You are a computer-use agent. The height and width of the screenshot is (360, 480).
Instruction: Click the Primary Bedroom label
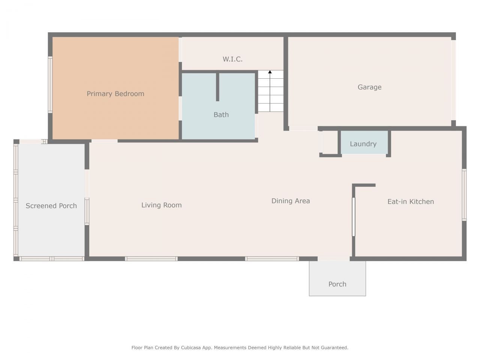(115, 94)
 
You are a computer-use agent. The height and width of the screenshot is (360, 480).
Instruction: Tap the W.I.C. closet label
(232, 59)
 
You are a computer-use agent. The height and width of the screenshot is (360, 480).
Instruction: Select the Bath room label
(221, 115)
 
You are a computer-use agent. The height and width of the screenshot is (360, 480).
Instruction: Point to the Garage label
(369, 87)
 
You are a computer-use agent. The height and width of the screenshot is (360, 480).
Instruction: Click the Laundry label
(363, 144)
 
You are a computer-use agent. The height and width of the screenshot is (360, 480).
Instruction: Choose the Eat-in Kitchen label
(411, 202)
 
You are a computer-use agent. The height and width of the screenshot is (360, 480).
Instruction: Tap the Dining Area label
(291, 201)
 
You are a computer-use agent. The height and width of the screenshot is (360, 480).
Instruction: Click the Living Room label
(161, 205)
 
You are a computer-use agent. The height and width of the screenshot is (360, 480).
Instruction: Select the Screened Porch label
(51, 206)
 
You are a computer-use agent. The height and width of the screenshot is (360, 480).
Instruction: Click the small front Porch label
(337, 284)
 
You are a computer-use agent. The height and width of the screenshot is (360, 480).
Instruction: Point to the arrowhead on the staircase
(270, 72)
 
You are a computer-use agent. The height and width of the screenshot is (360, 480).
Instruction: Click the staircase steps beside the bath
(270, 94)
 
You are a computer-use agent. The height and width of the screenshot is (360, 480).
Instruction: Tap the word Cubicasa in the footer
(192, 348)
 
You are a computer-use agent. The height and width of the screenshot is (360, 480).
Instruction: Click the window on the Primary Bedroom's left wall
(50, 85)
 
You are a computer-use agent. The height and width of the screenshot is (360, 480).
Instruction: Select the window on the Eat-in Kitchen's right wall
(464, 195)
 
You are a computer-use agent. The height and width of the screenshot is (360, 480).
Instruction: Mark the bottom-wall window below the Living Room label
(151, 259)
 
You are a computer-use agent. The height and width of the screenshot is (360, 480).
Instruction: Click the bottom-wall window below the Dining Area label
(272, 259)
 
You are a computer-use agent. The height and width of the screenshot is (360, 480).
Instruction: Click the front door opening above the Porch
(333, 259)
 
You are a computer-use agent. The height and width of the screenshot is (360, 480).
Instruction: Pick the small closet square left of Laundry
(330, 142)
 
